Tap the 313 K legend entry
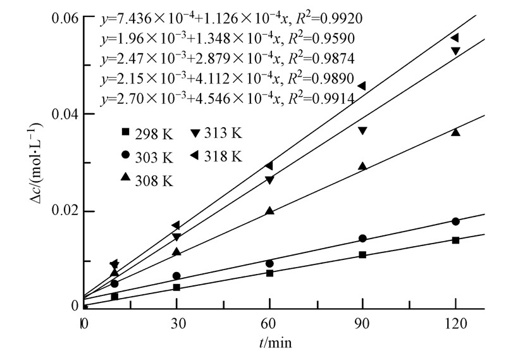pyautogui.click(x=214, y=133)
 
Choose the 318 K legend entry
pyautogui.click(x=214, y=156)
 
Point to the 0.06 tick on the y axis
pyautogui.click(x=63, y=17)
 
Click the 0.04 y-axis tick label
pyautogui.click(x=63, y=114)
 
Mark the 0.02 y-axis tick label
pyautogui.click(x=63, y=211)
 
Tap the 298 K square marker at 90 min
pyautogui.click(x=362, y=255)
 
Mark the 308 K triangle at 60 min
pyautogui.click(x=269, y=211)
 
